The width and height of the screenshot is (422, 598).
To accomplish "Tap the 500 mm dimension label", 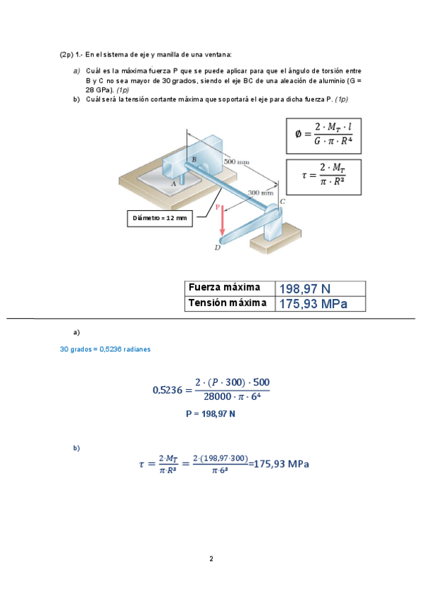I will (236, 161).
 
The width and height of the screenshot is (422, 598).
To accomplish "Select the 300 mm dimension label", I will (261, 192).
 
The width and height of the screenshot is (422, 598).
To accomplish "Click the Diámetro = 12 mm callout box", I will (160, 219).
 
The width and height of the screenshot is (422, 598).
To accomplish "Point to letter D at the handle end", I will (217, 248).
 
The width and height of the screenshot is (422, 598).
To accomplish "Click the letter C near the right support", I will (283, 202).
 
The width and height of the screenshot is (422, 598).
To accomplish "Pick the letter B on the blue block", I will (194, 160).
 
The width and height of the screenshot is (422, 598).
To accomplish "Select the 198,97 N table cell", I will (320, 288).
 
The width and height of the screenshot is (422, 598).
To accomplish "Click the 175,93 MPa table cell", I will (320, 304).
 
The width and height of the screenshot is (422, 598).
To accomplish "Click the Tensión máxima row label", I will (228, 303).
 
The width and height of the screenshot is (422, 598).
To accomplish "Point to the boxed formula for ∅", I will (323, 136).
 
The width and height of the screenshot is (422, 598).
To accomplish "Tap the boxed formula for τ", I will (323, 176).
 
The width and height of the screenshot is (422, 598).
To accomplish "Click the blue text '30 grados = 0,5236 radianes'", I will (105, 349).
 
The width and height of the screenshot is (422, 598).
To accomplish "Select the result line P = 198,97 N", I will (210, 415).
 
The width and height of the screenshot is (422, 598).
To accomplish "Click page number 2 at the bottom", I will (211, 559).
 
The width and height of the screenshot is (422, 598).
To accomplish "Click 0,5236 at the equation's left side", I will (167, 389).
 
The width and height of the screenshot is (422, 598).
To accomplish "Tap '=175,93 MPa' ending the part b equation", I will (279, 463).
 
